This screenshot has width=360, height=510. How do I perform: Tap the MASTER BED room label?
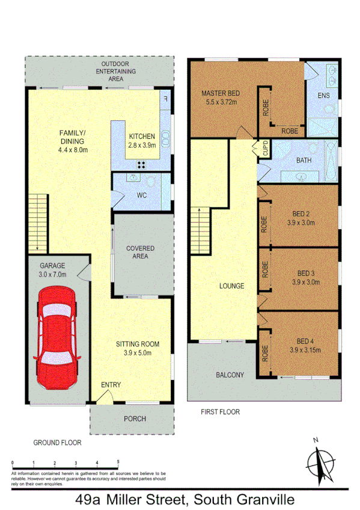pos(221,93)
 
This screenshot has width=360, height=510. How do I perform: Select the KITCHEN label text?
pos(142,137)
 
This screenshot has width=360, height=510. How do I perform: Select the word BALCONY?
pos(230,375)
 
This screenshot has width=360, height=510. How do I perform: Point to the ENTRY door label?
pos(111,384)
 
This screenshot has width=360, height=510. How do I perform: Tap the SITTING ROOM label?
pos(138,344)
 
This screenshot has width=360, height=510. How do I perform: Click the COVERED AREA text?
pos(140,252)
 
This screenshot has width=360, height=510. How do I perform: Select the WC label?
pos(142,195)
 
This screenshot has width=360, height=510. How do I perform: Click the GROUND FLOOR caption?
pos(57,442)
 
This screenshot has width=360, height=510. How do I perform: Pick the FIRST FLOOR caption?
pos(219,412)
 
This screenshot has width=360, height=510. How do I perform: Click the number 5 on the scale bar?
pos(118,462)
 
